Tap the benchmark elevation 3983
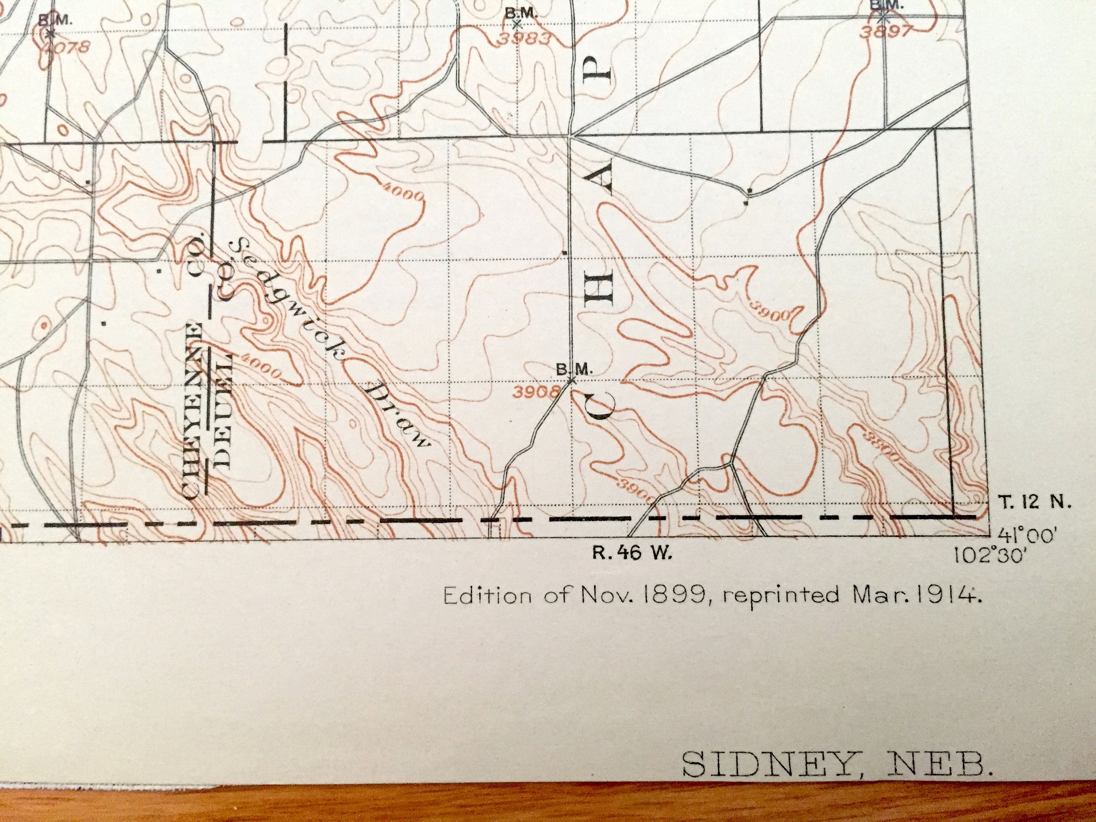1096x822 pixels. [524, 38]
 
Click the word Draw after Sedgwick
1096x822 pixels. [396, 415]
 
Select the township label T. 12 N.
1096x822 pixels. [1035, 503]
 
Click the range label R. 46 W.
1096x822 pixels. [633, 553]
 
